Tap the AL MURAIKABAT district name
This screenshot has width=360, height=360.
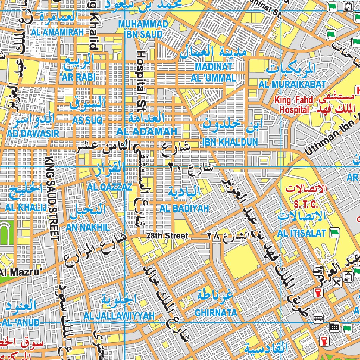tap(292, 84)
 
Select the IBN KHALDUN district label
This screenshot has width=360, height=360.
tap(230, 142)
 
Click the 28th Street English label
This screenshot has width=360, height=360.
tap(168, 236)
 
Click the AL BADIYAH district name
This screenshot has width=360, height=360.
tap(184, 208)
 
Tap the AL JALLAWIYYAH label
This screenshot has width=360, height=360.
tap(119, 316)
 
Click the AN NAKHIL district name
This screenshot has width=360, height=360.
tap(88, 227)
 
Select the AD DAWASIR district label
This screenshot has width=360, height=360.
tap(33, 134)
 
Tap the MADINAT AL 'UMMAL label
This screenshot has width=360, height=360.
tap(213, 72)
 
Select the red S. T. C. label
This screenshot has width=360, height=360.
tap(306, 204)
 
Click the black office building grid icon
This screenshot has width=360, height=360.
tap(334, 327)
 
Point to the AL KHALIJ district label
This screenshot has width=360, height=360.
tap(26, 207)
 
